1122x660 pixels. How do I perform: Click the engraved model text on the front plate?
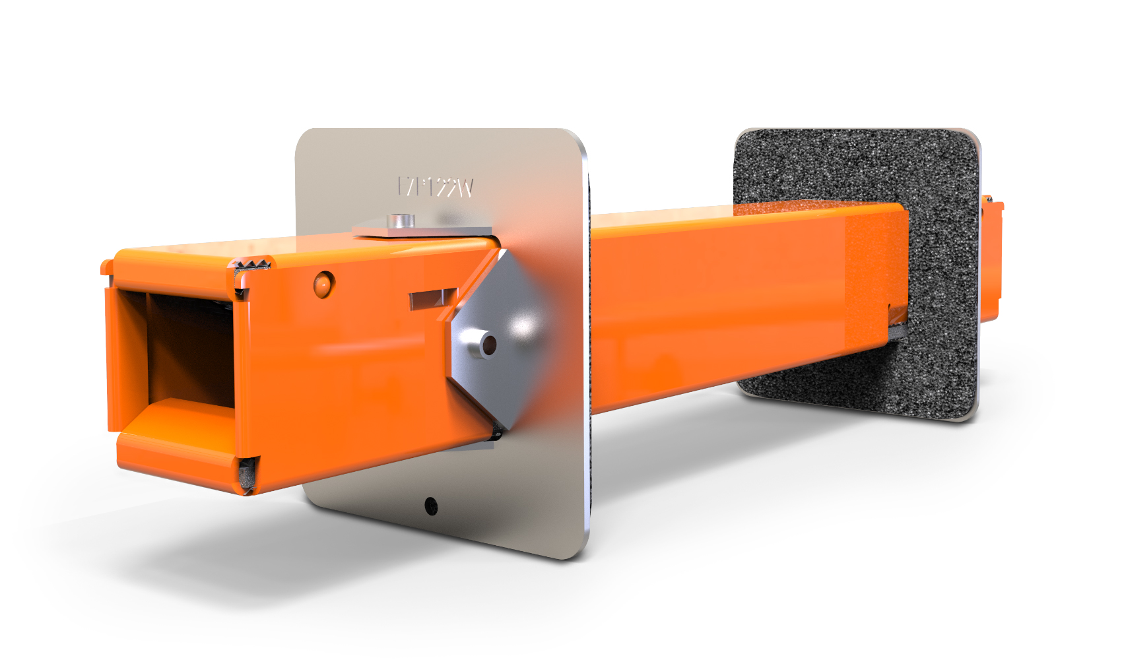(x=436, y=187)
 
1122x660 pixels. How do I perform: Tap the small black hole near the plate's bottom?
(x=431, y=506)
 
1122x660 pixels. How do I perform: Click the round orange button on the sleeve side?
(x=323, y=283)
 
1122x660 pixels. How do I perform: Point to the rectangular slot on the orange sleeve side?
(x=433, y=299)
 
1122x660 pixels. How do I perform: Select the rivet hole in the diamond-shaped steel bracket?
(x=488, y=345)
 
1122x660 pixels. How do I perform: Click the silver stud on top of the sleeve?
(x=399, y=221)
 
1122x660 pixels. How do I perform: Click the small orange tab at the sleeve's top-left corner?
(x=106, y=267)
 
